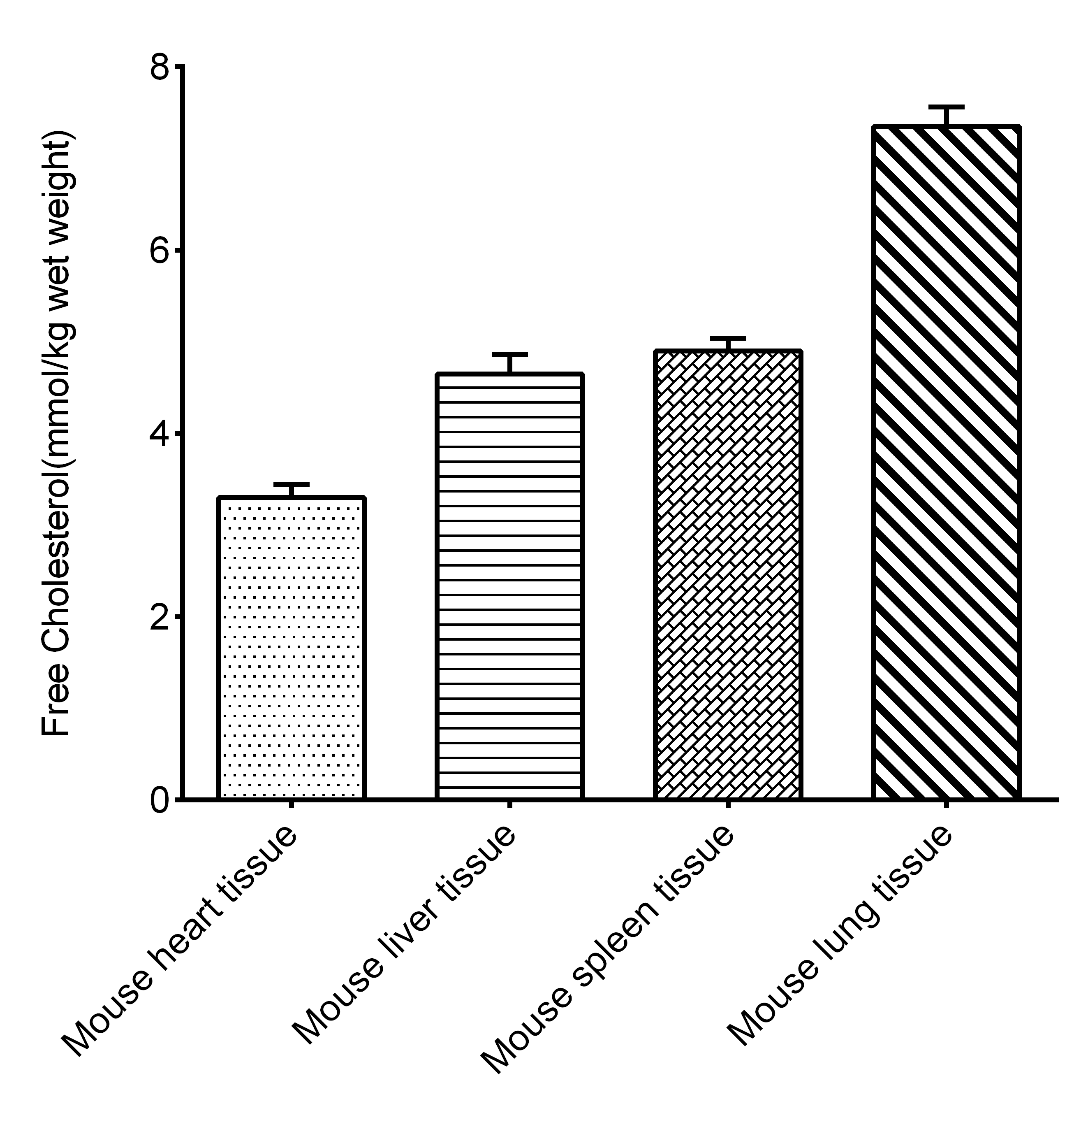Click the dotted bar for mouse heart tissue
point(292,648)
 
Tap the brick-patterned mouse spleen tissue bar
point(727,575)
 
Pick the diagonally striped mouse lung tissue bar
point(946,462)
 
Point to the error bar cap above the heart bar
point(292,485)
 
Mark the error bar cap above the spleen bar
point(727,338)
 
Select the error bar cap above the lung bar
point(946,107)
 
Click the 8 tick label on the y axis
point(160,67)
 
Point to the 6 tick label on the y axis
point(160,251)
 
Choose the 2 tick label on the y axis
point(160,616)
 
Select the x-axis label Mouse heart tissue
point(179,943)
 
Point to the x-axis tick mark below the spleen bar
point(727,804)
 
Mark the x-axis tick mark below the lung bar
point(946,804)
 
